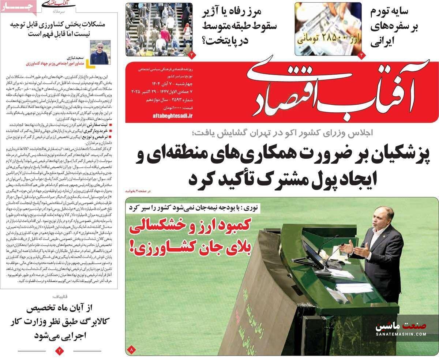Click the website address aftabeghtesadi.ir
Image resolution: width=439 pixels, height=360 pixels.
pos(172,116)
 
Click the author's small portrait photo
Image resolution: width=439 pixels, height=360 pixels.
pos(100,52)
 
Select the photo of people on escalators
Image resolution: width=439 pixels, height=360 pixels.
pos(159,29)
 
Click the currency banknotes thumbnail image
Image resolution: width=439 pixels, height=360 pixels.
pos(328,29)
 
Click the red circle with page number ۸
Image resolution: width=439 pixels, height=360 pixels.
pos(131,350)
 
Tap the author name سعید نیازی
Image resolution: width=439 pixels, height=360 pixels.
pos(76,58)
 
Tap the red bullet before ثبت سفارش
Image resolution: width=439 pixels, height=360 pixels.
pos(111,125)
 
